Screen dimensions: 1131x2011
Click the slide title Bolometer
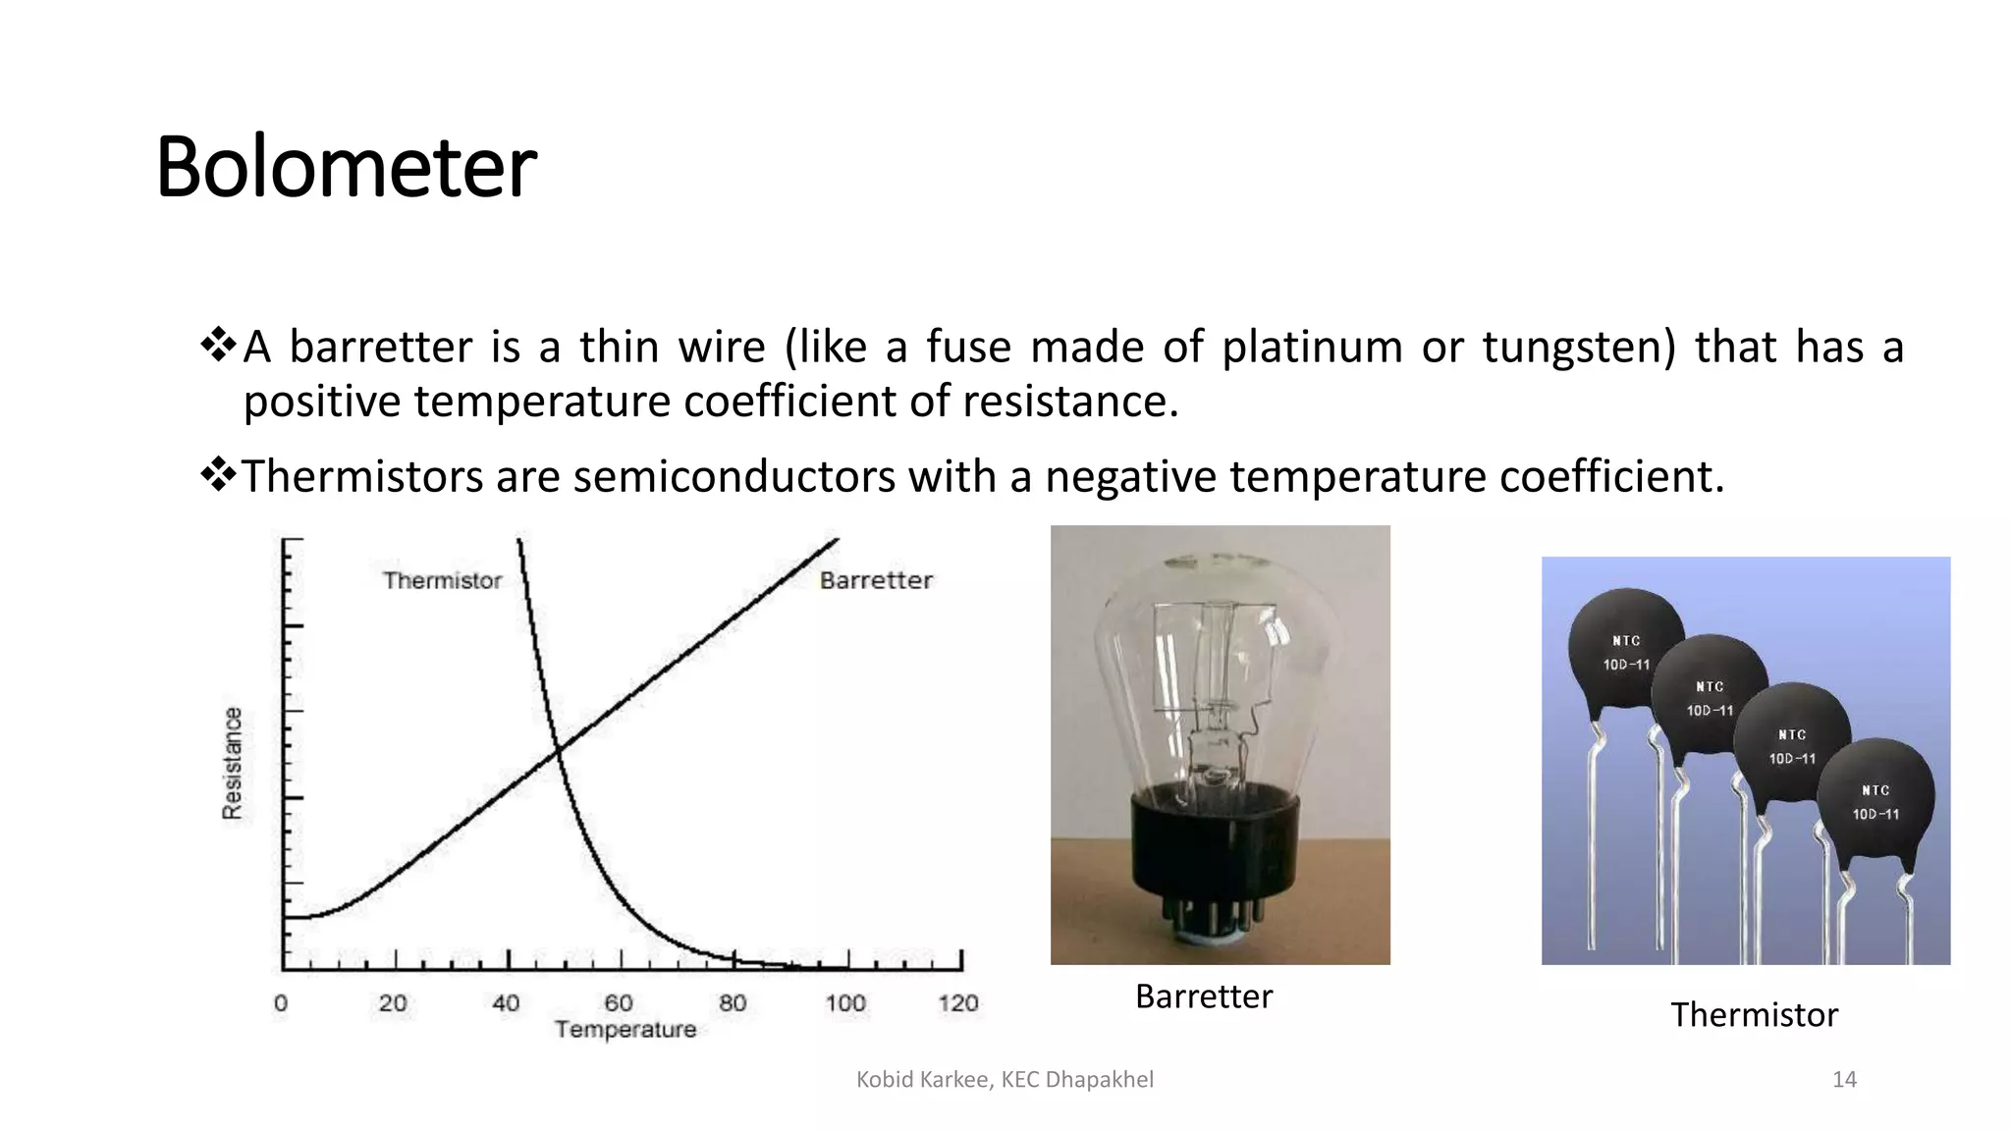pos(346,167)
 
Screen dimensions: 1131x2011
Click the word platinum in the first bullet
pos(1311,348)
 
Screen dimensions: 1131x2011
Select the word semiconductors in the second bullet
pos(734,477)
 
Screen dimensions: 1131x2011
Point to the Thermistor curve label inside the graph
pos(442,580)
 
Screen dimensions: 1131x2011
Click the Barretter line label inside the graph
pos(876,580)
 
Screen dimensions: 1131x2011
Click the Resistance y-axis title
pos(232,763)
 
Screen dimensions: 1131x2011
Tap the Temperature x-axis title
pos(625,1029)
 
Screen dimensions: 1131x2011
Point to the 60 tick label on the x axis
pos(618,1002)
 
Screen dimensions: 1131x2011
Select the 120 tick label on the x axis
pos(957,1002)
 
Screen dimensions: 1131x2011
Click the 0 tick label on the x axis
pos(281,1002)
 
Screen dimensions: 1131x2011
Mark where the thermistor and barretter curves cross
pos(558,752)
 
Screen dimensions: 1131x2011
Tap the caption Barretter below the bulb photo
pos(1203,996)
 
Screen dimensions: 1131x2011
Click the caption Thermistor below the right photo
pos(1754,1014)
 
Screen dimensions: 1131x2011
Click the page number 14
pos(1844,1079)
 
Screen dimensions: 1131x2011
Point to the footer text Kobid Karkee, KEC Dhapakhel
pos(1005,1079)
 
